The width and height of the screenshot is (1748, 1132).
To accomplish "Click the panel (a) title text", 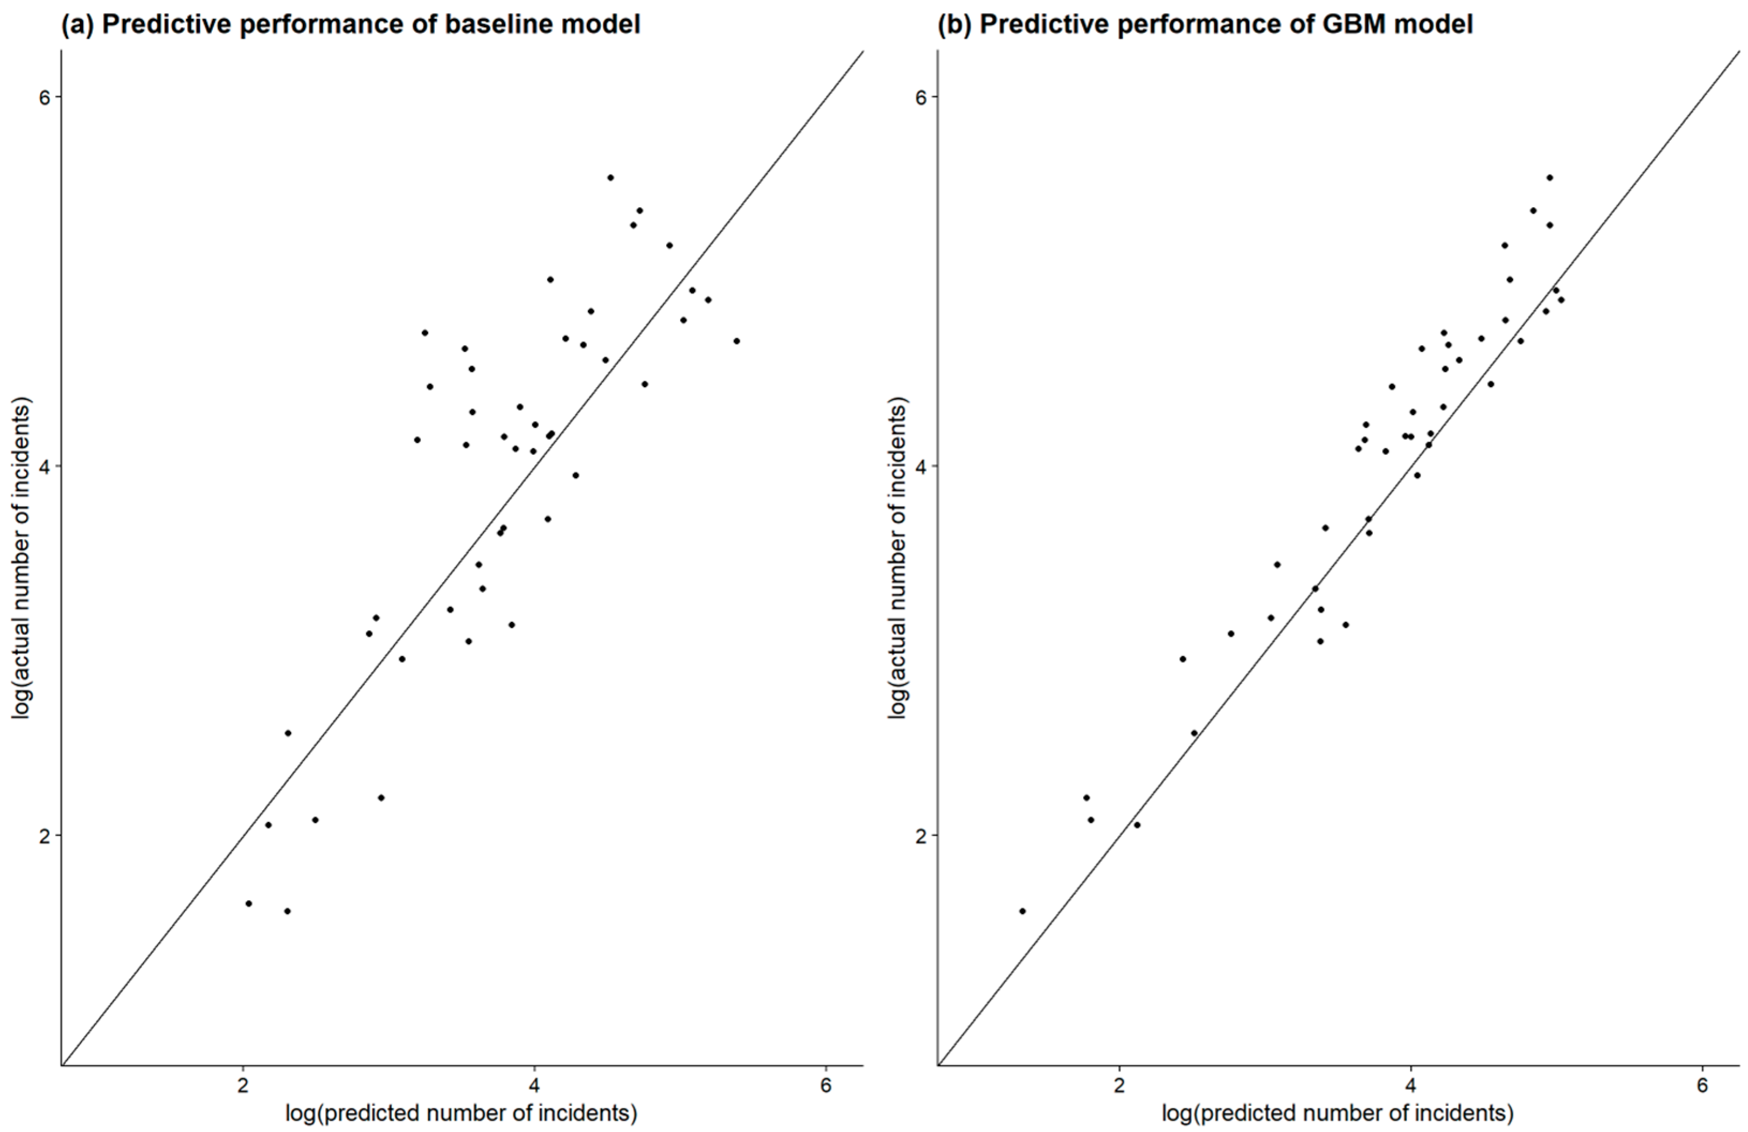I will coord(350,24).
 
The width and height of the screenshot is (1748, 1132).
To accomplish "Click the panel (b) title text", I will coord(1205,24).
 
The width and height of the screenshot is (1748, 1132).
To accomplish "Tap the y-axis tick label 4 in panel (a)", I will coord(45,466).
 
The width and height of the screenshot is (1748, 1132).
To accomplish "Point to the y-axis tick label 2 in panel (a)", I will coord(45,835).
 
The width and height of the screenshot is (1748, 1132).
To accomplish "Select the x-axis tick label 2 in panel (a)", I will coord(242,1085).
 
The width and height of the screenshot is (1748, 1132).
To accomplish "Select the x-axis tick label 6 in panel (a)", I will coord(826,1085).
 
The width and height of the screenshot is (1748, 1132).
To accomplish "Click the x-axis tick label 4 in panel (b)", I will coord(1411,1085).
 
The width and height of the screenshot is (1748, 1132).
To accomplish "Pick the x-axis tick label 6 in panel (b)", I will coord(1702,1085).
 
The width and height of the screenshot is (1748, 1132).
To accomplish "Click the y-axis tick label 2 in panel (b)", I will coord(922,835).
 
